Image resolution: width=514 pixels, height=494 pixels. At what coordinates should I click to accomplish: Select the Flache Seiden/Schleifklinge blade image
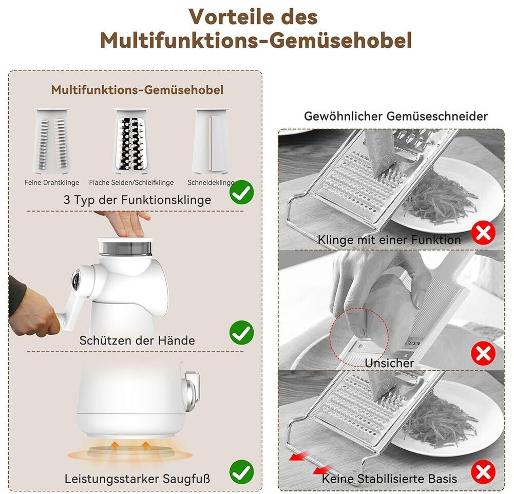point(131,140)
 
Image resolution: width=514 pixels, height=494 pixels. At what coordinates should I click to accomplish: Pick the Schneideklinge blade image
point(212,141)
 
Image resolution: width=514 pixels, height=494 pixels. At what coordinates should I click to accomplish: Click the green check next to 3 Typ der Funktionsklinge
point(241,193)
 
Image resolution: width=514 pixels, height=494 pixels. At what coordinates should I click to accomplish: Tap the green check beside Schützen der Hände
point(241,333)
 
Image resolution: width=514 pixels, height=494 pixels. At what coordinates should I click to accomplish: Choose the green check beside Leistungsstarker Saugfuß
point(241,472)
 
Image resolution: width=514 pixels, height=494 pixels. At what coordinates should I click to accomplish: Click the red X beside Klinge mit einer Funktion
point(483,234)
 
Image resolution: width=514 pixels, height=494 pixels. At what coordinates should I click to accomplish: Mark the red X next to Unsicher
point(483,353)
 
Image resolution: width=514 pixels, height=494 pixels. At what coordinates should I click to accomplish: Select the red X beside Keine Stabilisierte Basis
point(483,472)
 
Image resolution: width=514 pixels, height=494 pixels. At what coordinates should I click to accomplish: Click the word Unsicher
point(389,363)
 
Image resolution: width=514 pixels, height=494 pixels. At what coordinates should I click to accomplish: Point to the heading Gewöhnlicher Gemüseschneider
point(396,117)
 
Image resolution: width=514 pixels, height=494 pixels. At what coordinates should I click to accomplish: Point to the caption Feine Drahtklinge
point(52,183)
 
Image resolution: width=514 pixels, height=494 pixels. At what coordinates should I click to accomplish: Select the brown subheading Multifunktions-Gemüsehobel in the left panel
point(137,90)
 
